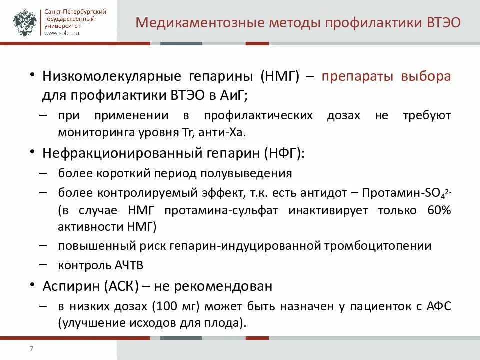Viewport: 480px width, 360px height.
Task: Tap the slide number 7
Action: click(x=31, y=349)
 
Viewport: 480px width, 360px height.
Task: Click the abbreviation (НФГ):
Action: click(x=284, y=153)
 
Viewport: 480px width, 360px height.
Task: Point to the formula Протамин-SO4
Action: click(x=406, y=193)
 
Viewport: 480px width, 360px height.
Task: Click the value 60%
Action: click(x=439, y=210)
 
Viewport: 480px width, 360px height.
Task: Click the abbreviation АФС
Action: click(x=440, y=306)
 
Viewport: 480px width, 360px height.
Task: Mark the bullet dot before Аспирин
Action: click(x=32, y=285)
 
